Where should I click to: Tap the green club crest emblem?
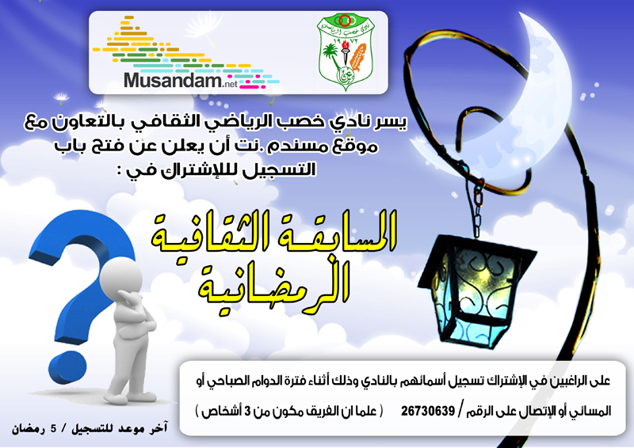pos(346,51)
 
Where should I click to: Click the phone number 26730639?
pos(428,412)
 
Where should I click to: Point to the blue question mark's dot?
pos(68,368)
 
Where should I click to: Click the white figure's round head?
pos(121,279)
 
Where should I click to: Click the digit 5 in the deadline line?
pos(53,430)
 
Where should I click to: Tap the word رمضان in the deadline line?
pos(27,430)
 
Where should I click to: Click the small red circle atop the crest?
pos(344,21)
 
